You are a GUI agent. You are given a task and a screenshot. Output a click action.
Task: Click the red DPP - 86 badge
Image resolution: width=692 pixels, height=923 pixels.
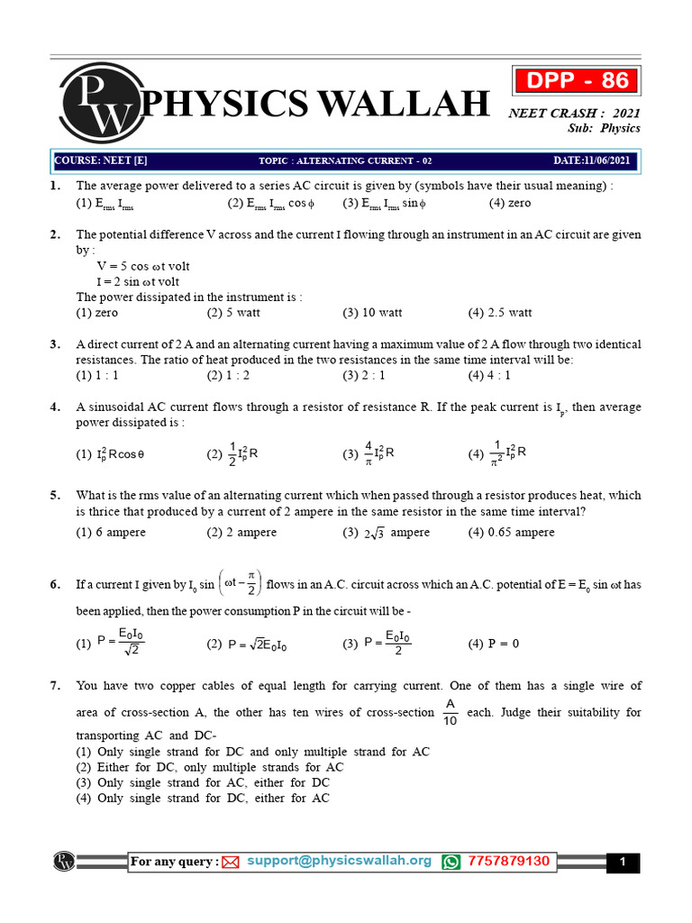[577, 81]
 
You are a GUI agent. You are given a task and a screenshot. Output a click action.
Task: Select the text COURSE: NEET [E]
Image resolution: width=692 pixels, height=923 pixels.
[101, 161]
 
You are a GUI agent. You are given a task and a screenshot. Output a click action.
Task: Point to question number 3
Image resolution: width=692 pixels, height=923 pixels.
[55, 344]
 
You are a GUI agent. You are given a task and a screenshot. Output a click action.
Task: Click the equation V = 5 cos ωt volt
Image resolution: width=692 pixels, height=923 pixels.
[143, 267]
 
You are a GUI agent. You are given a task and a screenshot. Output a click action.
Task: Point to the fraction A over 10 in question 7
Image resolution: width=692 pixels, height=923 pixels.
[451, 712]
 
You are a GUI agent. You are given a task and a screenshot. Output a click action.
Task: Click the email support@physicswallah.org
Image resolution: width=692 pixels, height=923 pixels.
[340, 861]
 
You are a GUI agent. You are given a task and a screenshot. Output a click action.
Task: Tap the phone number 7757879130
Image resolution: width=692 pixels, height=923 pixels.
[507, 861]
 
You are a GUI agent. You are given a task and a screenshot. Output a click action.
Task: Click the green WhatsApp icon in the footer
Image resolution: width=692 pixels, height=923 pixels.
[451, 862]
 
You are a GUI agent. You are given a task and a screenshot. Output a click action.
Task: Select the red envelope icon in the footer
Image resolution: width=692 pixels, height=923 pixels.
[230, 863]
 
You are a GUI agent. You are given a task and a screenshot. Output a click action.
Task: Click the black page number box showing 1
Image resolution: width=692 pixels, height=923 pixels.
[622, 863]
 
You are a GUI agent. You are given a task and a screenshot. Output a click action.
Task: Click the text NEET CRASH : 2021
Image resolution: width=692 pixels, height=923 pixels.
[574, 113]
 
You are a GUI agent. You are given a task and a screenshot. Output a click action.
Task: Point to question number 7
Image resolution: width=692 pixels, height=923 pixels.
[55, 687]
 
